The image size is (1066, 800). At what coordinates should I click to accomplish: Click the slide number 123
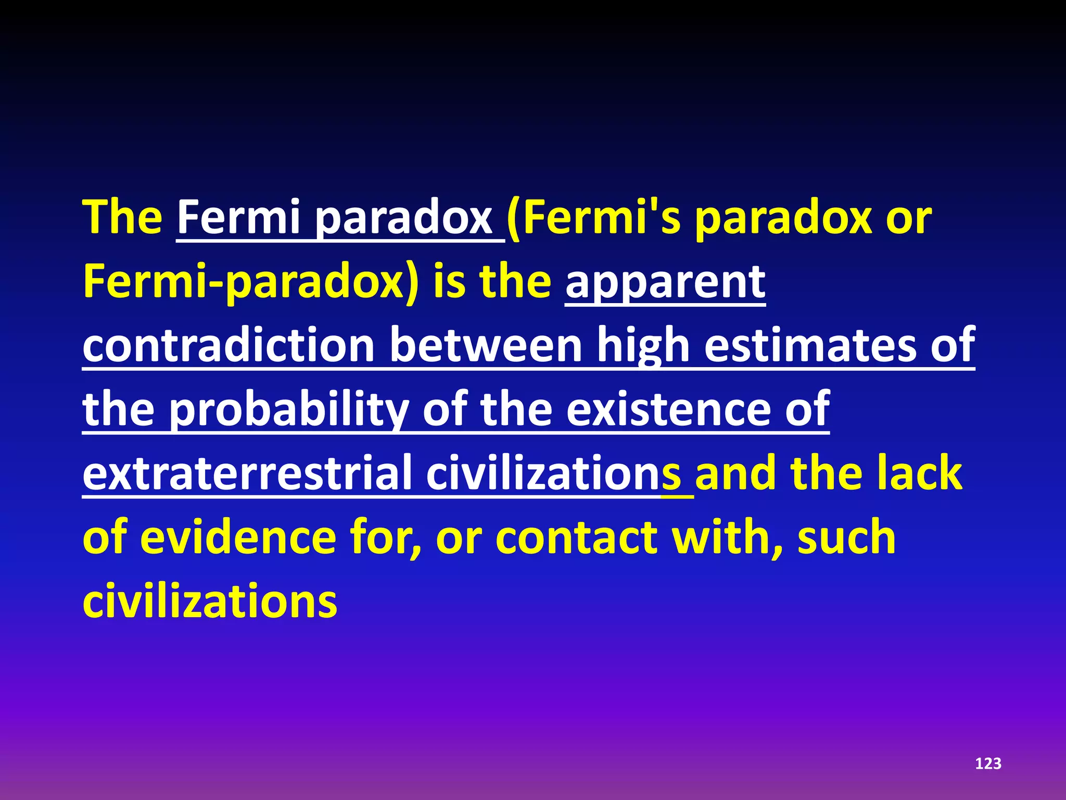(988, 764)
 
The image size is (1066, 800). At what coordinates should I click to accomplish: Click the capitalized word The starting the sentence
(123, 217)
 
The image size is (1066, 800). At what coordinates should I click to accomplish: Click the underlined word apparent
(665, 282)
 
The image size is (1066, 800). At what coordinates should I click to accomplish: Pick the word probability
(289, 410)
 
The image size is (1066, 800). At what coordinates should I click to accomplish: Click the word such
(846, 538)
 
